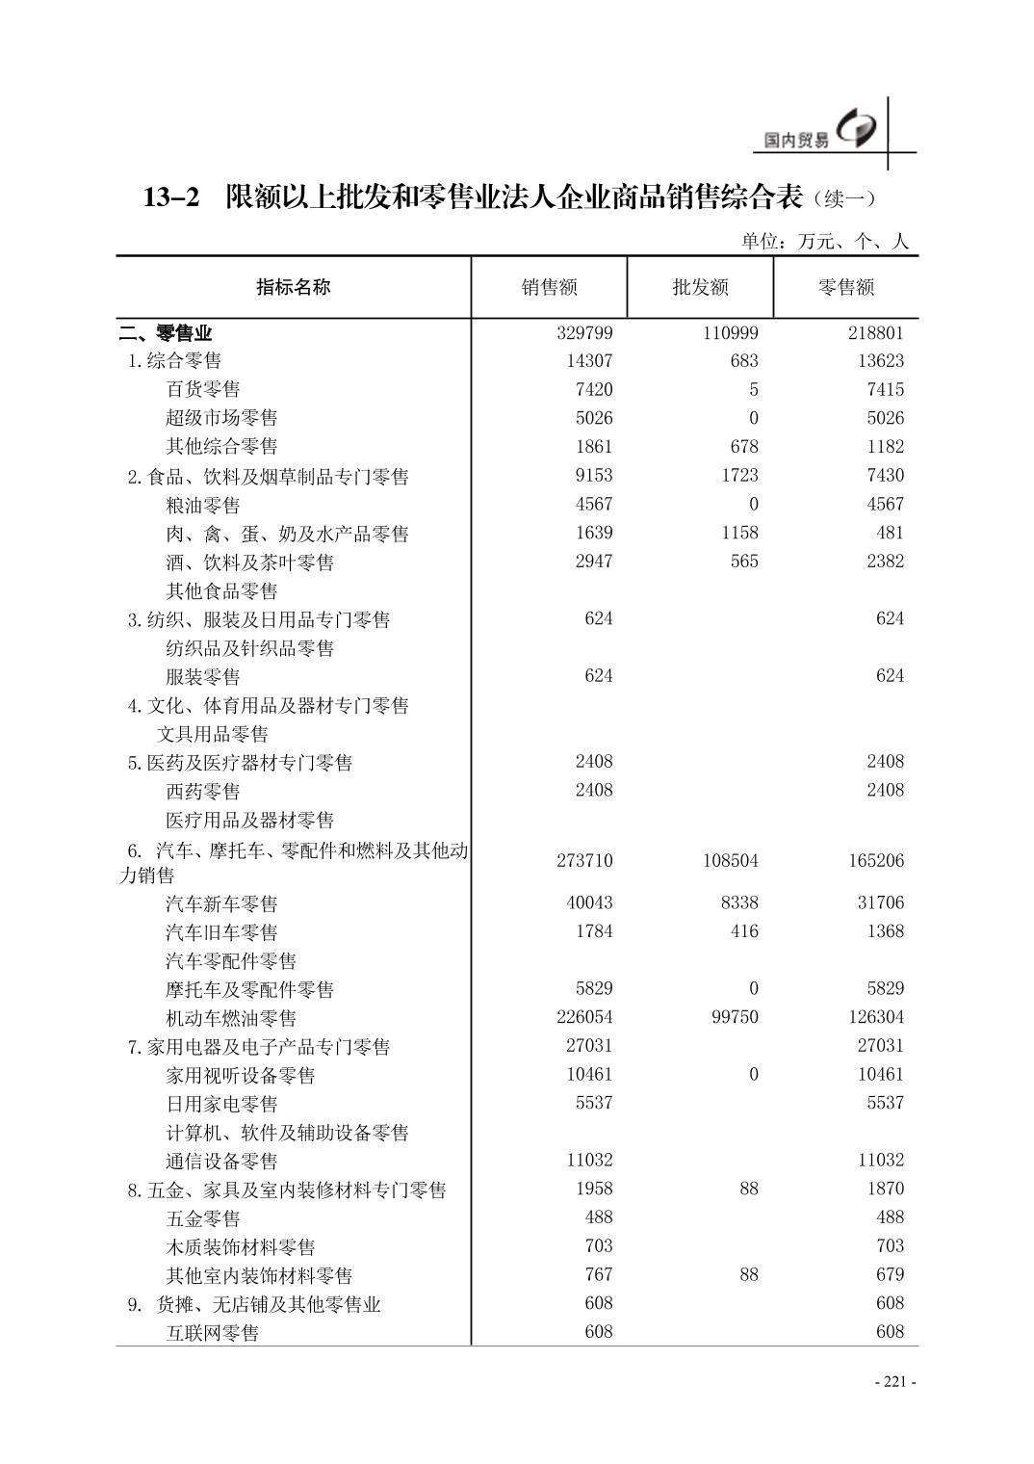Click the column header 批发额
point(700,287)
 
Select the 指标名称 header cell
point(293,287)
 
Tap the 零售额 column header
point(845,287)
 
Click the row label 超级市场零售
point(221,418)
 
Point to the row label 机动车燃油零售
point(231,1018)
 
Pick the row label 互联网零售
point(212,1333)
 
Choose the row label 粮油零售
point(202,505)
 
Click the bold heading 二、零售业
point(165,334)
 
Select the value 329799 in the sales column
point(584,333)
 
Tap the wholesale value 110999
point(730,333)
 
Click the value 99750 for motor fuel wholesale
point(734,1017)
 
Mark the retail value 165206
point(876,860)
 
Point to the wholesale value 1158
point(737,533)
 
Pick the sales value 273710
point(584,860)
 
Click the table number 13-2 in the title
point(171,198)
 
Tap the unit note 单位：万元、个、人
point(824,242)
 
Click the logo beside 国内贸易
point(857,130)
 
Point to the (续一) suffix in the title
point(844,199)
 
